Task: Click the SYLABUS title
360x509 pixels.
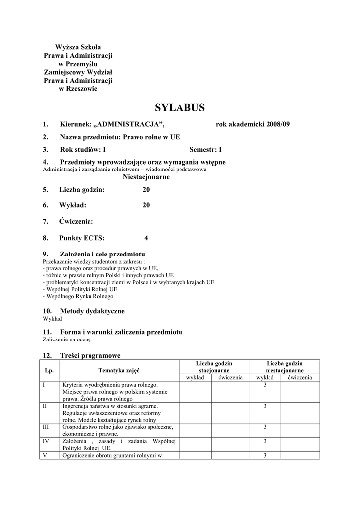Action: click(180, 108)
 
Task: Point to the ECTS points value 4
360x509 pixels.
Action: click(146, 238)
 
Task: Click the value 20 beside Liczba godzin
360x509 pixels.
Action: click(146, 190)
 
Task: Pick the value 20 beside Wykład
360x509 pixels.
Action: click(146, 205)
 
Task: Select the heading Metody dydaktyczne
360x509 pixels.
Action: click(92, 311)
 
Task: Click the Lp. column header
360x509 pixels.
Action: click(49, 370)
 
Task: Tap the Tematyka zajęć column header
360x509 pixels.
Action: click(119, 370)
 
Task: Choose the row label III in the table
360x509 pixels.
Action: click(46, 427)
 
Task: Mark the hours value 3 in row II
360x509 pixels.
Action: click(265, 406)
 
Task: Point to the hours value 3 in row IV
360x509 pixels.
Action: click(265, 441)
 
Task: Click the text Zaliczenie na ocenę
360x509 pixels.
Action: click(67, 340)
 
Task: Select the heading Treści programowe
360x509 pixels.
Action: click(90, 355)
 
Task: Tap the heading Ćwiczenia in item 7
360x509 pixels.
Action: click(76, 221)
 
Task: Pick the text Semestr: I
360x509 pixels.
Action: click(206, 149)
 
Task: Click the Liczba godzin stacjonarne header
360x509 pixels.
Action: click(214, 367)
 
